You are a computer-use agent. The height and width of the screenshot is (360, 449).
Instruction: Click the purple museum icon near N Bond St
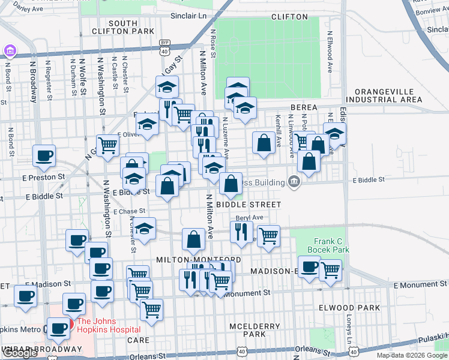pyautogui.click(x=10, y=50)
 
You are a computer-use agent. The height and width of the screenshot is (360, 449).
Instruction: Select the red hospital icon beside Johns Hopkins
pyautogui.click(x=70, y=323)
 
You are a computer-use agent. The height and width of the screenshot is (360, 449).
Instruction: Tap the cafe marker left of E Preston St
pyautogui.click(x=44, y=157)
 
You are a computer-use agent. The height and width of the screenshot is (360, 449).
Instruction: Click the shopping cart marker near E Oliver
pyautogui.click(x=107, y=145)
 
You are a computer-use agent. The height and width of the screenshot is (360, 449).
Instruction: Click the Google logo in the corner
pyautogui.click(x=20, y=353)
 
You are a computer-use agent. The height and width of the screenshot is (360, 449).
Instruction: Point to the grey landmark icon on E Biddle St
pyautogui.click(x=294, y=181)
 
